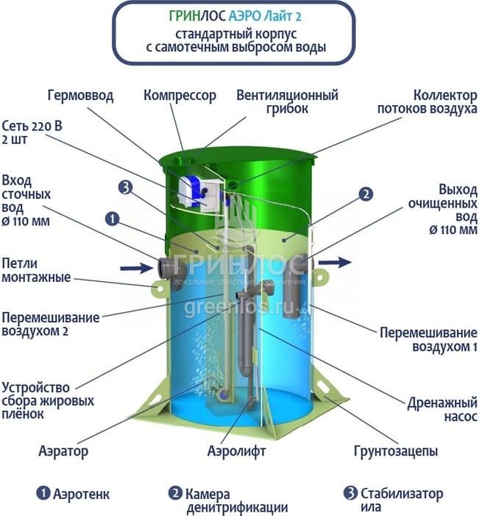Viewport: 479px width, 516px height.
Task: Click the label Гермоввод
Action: [x=81, y=96]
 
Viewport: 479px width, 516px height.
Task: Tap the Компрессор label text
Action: [x=180, y=96]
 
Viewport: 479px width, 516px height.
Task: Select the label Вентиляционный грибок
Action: [x=287, y=102]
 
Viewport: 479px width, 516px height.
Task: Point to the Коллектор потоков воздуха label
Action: [x=427, y=102]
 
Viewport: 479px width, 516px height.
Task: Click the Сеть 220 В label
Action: [x=32, y=126]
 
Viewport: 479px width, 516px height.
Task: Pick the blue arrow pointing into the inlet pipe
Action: [x=136, y=268]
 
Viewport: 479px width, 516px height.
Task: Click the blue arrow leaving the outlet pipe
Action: [x=335, y=262]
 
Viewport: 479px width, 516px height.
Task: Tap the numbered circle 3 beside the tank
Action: [x=125, y=188]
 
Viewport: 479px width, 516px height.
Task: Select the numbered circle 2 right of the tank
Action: [x=366, y=194]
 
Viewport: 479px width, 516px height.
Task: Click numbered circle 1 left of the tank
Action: [x=113, y=219]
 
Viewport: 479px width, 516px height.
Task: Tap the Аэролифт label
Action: [x=236, y=450]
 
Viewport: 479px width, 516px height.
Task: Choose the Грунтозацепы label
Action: [x=395, y=451]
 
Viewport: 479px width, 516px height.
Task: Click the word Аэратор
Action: [x=63, y=451]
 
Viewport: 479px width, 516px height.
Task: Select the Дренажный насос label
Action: [x=441, y=409]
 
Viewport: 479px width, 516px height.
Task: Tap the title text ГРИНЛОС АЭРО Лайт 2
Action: [x=235, y=16]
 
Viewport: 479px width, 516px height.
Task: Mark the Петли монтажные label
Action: [x=36, y=270]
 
